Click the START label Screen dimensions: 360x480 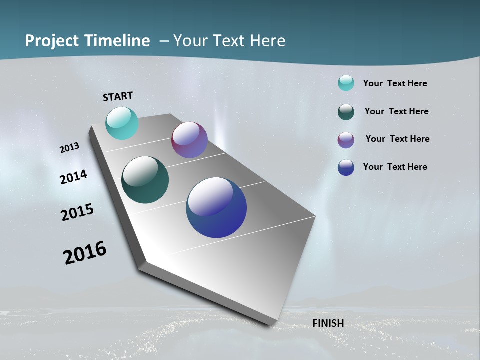(118, 96)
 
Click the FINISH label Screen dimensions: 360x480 (328, 323)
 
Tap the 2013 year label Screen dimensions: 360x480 (69, 148)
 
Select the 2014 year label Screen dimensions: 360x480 (74, 177)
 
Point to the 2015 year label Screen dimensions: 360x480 (77, 212)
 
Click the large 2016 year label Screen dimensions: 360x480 (85, 253)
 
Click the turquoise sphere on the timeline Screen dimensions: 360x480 (122, 123)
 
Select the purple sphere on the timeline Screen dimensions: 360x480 (189, 140)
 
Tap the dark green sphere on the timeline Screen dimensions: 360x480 (145, 180)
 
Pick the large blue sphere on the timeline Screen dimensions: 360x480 (216, 207)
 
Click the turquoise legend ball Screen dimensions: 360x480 (346, 83)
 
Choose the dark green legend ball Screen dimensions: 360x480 (346, 112)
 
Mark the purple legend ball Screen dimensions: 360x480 (346, 140)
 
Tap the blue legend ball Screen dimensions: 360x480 (346, 167)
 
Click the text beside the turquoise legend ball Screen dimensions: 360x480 (395, 83)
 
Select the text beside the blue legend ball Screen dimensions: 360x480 (395, 167)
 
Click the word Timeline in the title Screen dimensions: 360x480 (118, 41)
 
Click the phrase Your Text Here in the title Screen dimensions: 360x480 (229, 41)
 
